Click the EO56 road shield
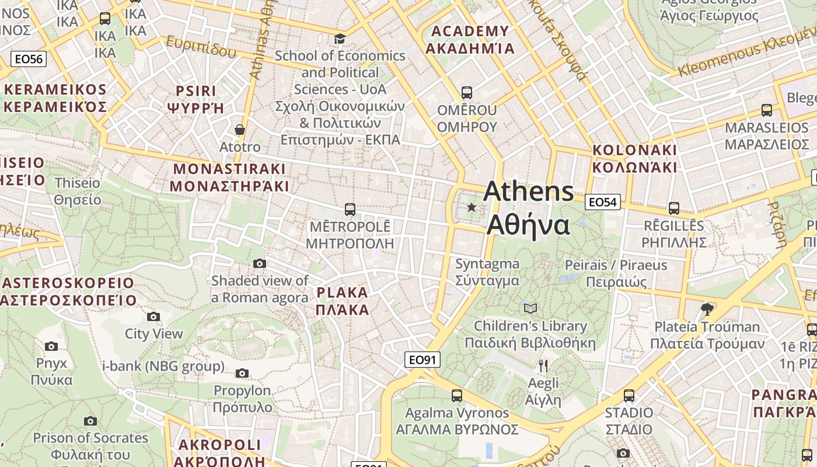pos(29,59)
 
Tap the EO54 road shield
pos(603,202)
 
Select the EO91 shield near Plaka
pos(423,360)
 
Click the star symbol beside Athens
pos(472,207)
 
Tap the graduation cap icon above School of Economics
pos(340,39)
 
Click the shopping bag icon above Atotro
pos(239,130)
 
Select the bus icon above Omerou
pos(466,93)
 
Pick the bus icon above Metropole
pos(350,210)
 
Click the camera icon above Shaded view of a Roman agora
pos(260,264)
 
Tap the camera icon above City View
pos(153,317)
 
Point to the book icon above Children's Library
pos(530,308)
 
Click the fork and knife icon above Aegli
pos(543,366)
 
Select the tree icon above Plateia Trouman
pos(707,309)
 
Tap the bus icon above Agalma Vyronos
pos(457,396)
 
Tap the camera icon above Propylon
pos(242,374)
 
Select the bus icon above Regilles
pos(674,208)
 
